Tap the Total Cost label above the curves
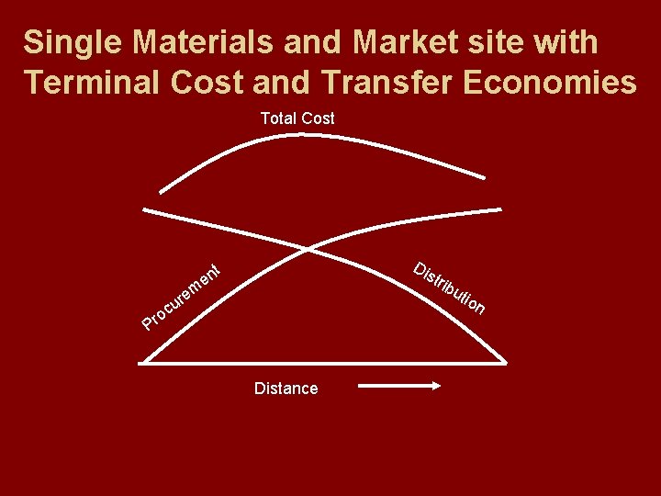click(x=297, y=118)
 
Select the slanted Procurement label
click(x=184, y=296)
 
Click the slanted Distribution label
click(x=449, y=288)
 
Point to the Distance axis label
click(x=286, y=389)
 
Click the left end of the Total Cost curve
click(x=161, y=192)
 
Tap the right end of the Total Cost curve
click(x=487, y=176)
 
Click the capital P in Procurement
click(x=148, y=321)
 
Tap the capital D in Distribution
click(x=420, y=269)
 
